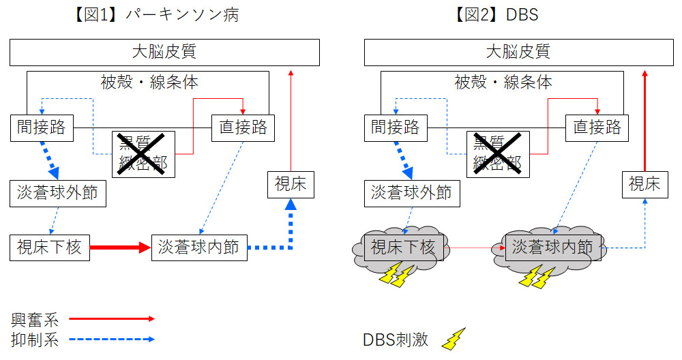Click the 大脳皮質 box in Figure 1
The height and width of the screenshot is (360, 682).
pyautogui.click(x=164, y=52)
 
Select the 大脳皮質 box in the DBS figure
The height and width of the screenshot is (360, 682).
pyautogui.click(x=518, y=52)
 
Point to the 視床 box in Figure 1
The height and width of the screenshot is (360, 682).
pyautogui.click(x=291, y=184)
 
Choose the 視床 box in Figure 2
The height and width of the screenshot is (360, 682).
pyautogui.click(x=644, y=184)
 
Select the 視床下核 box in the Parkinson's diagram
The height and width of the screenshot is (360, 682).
pyautogui.click(x=49, y=247)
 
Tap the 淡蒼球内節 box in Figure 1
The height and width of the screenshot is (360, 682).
pyautogui.click(x=198, y=247)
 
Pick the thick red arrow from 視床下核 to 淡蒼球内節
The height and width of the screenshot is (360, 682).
pyautogui.click(x=119, y=247)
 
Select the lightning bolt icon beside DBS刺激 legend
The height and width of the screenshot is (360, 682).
pyautogui.click(x=454, y=339)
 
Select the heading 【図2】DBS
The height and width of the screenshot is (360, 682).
pyautogui.click(x=496, y=15)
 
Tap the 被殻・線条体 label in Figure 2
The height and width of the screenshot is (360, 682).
pyautogui.click(x=503, y=83)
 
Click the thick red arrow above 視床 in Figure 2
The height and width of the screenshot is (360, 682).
pyautogui.click(x=645, y=119)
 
